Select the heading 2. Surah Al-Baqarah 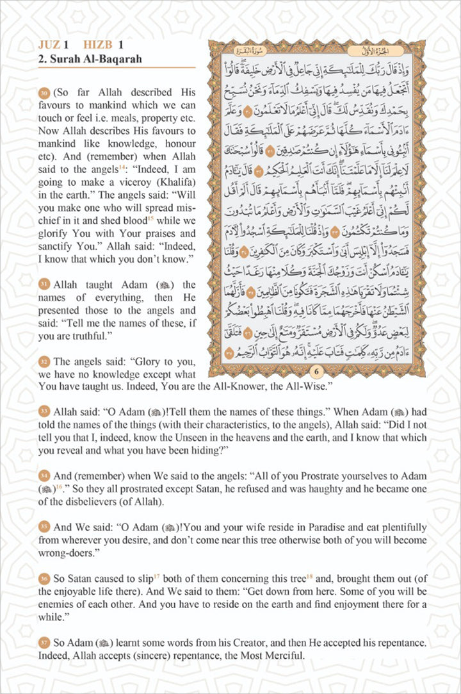click(89, 59)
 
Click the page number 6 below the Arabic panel click(315, 372)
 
